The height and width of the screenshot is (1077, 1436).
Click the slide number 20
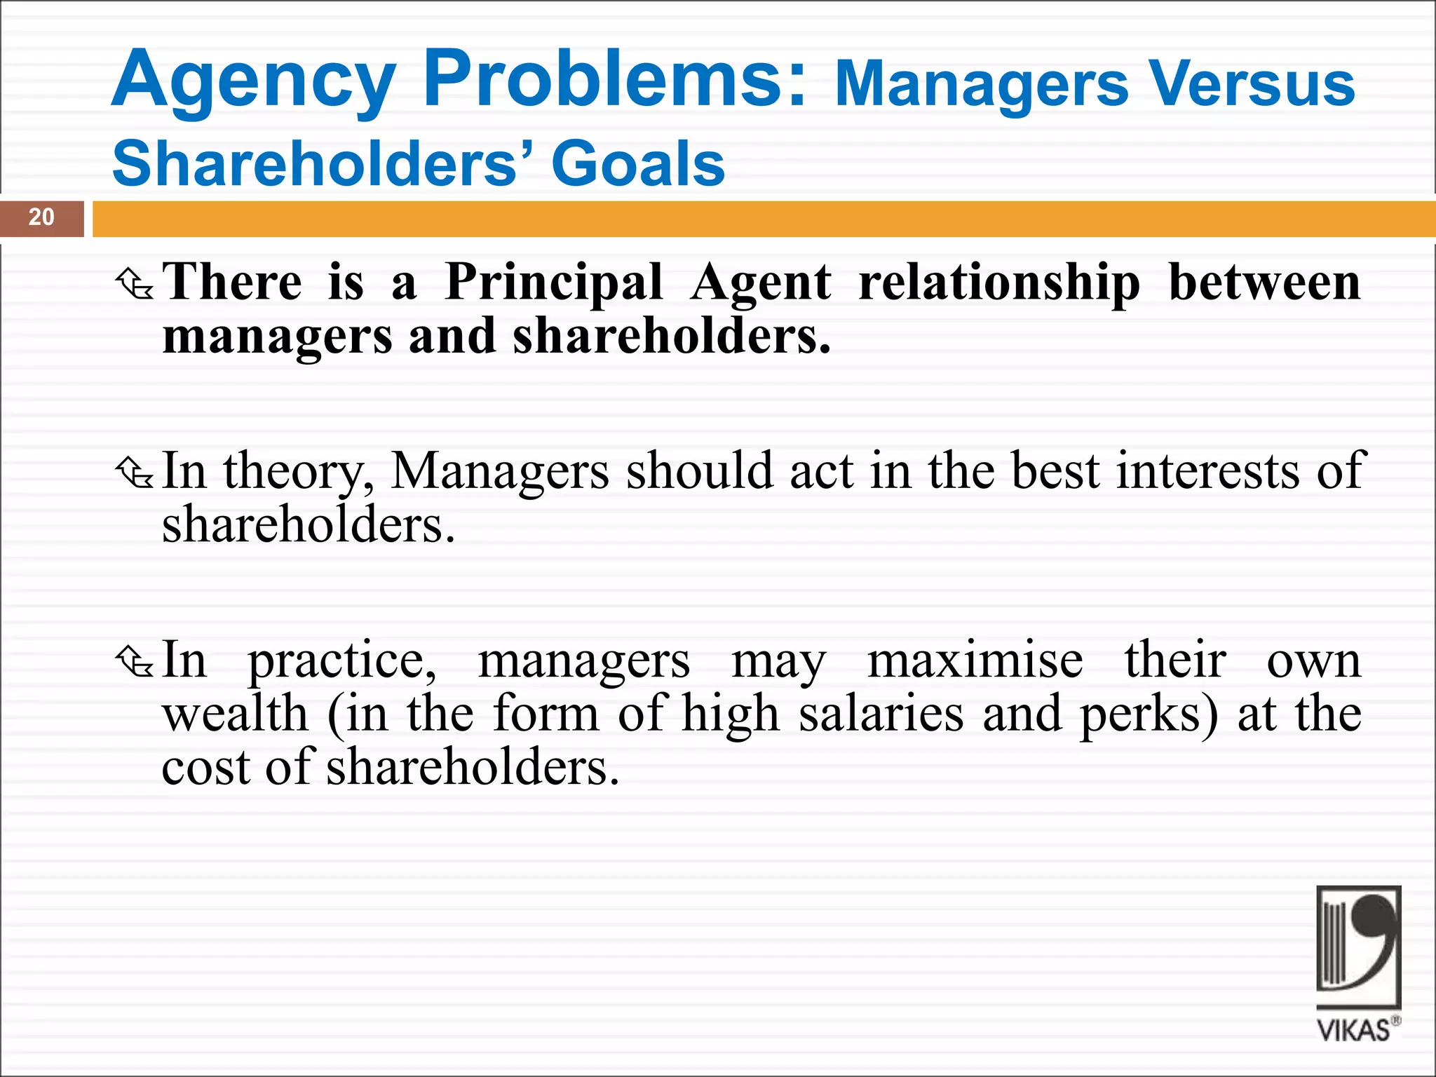(x=41, y=217)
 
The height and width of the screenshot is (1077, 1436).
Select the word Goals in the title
(x=638, y=164)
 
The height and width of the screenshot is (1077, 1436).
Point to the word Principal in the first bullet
(x=554, y=283)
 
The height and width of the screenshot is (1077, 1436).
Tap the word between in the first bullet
(x=1264, y=283)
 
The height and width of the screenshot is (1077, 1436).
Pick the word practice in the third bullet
(x=342, y=661)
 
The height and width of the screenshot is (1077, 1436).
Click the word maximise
(x=975, y=660)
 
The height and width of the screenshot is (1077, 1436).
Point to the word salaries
(x=881, y=714)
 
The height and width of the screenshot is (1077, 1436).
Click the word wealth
(x=235, y=714)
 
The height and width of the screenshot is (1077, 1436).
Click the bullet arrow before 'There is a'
(x=134, y=284)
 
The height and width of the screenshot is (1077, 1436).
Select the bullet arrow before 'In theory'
(x=134, y=473)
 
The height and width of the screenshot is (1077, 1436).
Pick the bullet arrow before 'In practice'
(x=134, y=662)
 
